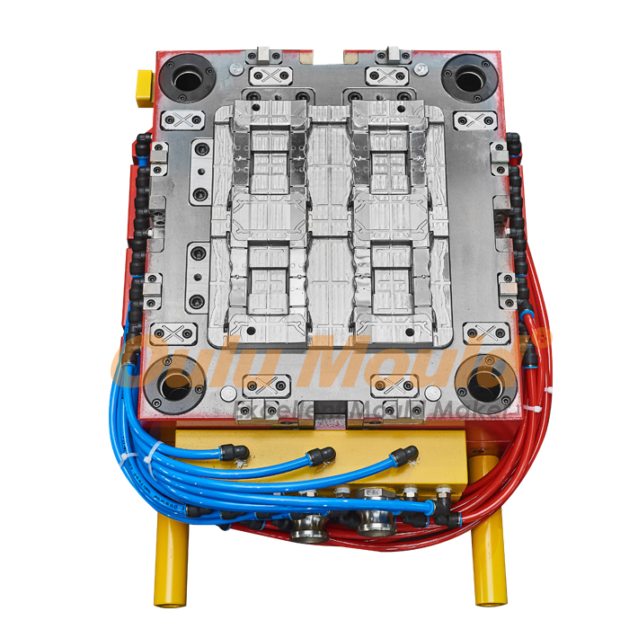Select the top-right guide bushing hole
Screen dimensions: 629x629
tap(470, 79)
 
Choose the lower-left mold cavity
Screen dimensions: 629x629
tap(269, 270)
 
